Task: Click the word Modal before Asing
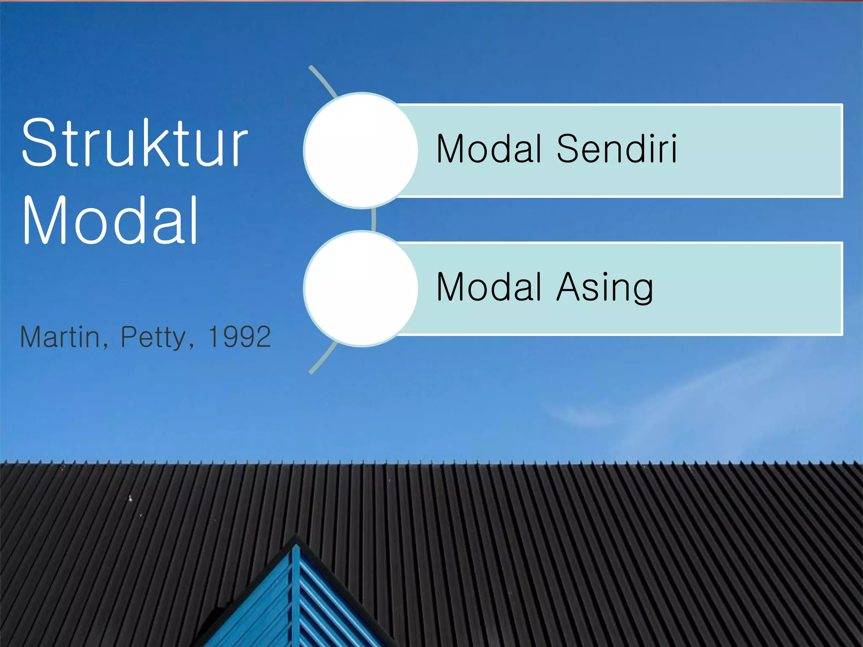point(489,287)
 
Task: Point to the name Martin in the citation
point(60,337)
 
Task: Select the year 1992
point(239,337)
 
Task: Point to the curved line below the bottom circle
point(323,358)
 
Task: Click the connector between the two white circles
point(373,219)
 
